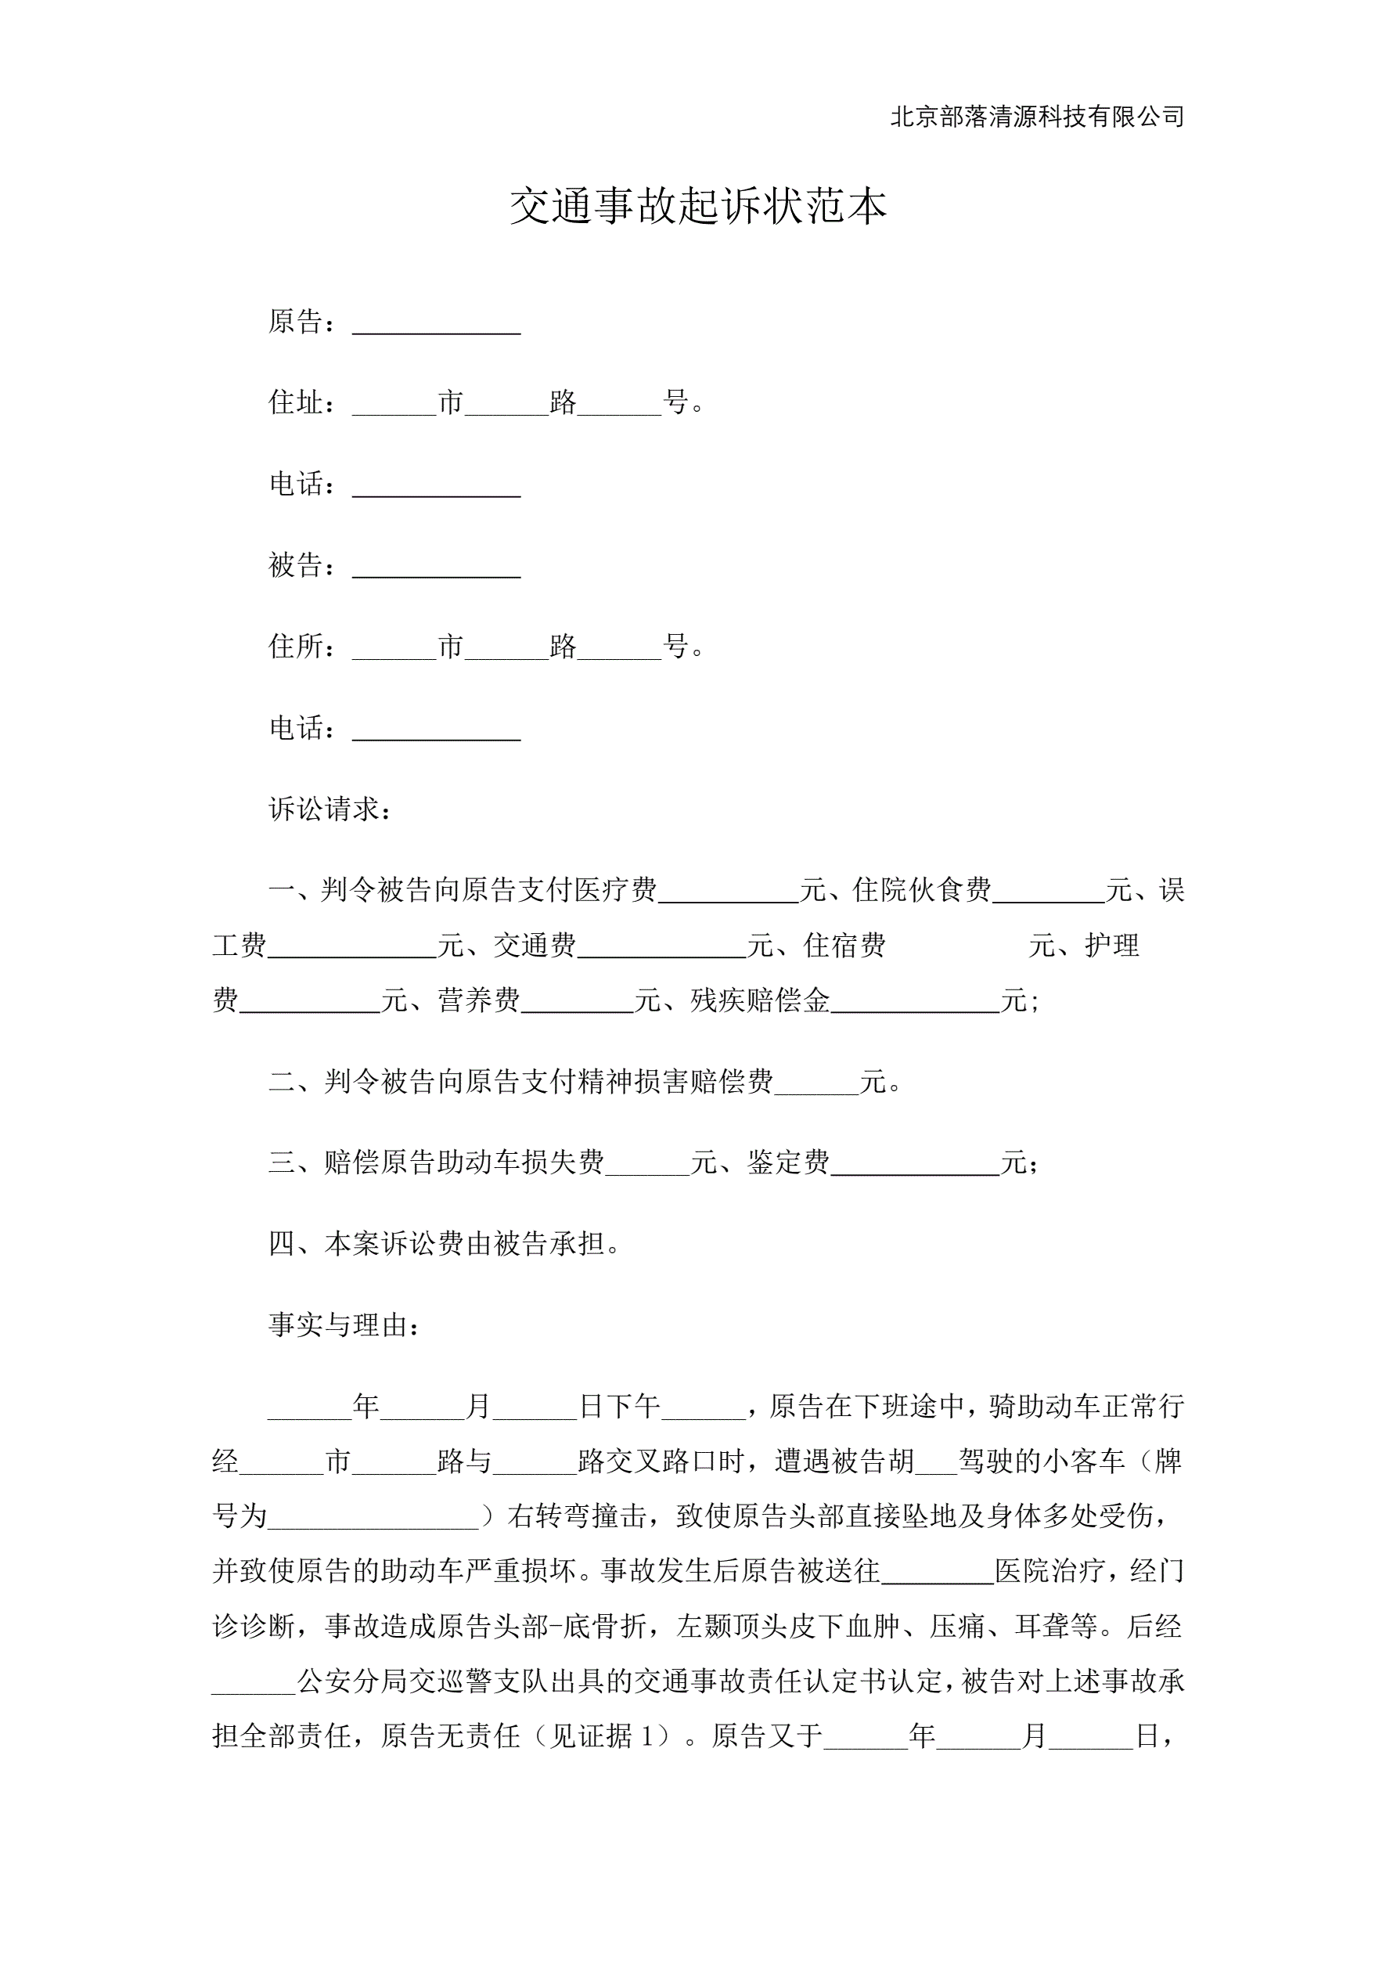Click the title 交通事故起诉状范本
pyautogui.click(x=697, y=207)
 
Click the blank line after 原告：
pyautogui.click(x=436, y=325)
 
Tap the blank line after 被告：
pyautogui.click(x=436, y=568)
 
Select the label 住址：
pyautogui.click(x=302, y=402)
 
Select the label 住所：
pyautogui.click(x=302, y=646)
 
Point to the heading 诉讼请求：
pyautogui.click(x=331, y=809)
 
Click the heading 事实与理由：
pyautogui.click(x=345, y=1324)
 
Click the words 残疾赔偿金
pyautogui.click(x=760, y=1000)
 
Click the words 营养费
pyautogui.click(x=478, y=1000)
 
